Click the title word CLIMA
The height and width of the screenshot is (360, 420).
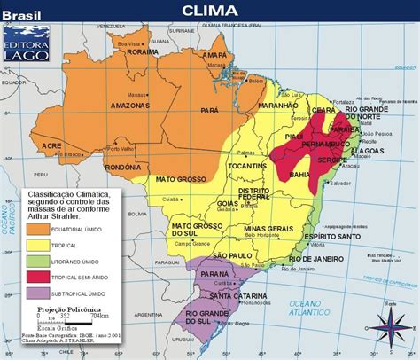pos(209,10)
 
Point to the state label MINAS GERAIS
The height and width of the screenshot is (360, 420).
pos(267,229)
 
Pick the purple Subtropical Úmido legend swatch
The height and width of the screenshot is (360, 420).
pos(39,293)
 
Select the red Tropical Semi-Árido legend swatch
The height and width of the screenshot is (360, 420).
pos(39,276)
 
